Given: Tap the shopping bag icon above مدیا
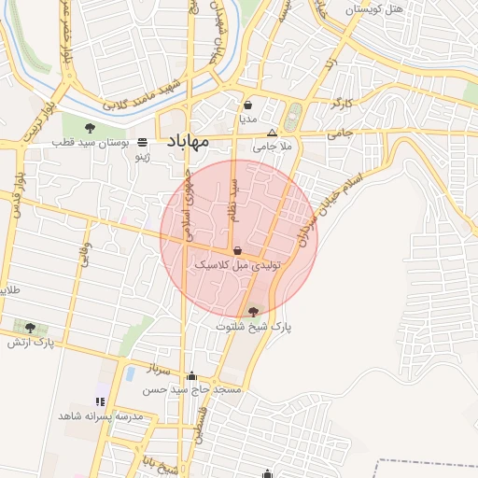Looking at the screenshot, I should point(247,105).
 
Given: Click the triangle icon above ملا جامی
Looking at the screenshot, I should point(273,133).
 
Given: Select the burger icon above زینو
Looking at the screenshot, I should point(142,142).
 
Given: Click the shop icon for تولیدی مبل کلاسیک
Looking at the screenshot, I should point(237,251).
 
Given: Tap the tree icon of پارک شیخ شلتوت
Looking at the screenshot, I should point(255,312).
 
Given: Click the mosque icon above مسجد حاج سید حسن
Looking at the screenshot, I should point(192,376).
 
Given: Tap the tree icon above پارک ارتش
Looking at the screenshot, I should point(31,328).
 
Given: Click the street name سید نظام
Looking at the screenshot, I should point(235,200).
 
